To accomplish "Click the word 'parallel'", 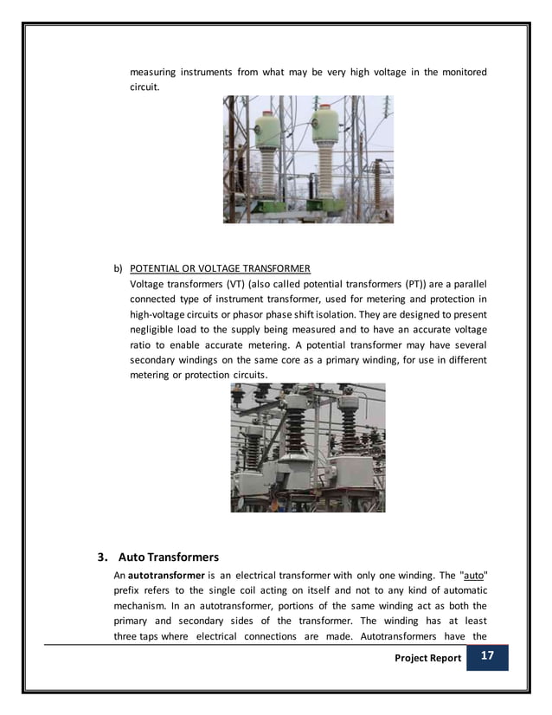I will click(467, 283).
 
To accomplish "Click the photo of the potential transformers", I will click(307, 447).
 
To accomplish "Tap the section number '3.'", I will click(102, 556).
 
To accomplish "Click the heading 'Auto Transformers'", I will click(169, 556).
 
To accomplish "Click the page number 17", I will click(487, 657).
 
